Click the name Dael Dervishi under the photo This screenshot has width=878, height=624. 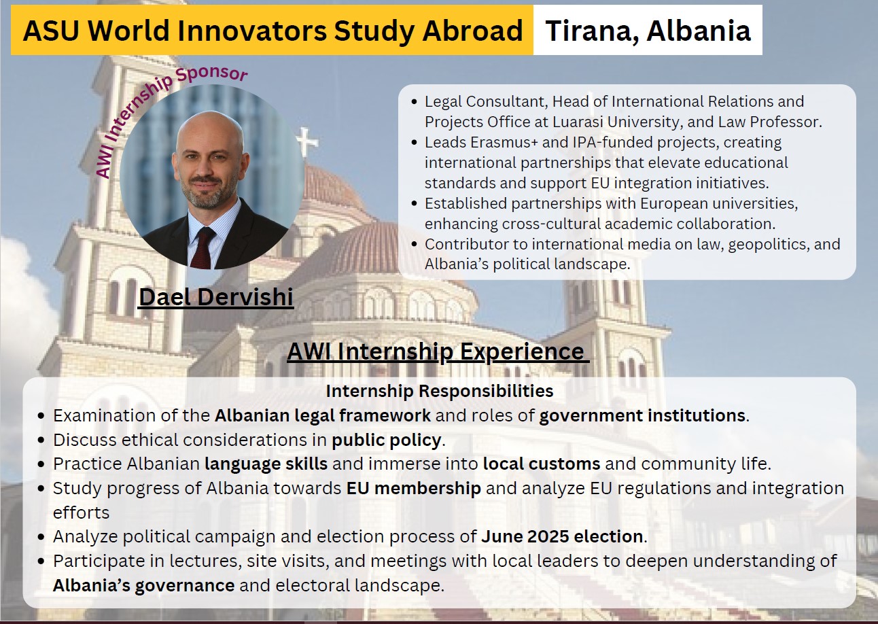pos(216,297)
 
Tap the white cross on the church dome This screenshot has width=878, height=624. pos(307,141)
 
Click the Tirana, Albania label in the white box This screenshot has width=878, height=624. pos(648,30)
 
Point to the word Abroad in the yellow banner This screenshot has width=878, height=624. pos(473,30)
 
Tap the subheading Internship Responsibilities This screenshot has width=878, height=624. pos(440,391)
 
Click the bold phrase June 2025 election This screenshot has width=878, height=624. pos(562,536)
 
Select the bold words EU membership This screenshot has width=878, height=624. pos(414,488)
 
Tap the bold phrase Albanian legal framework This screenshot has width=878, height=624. pos(323,415)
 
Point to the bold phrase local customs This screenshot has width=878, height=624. pos(542,464)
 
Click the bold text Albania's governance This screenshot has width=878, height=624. pos(144,585)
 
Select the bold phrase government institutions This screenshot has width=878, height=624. pos(642,415)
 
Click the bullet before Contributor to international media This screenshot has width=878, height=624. pos(415,244)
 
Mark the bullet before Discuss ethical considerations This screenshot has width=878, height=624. pos(41,440)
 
